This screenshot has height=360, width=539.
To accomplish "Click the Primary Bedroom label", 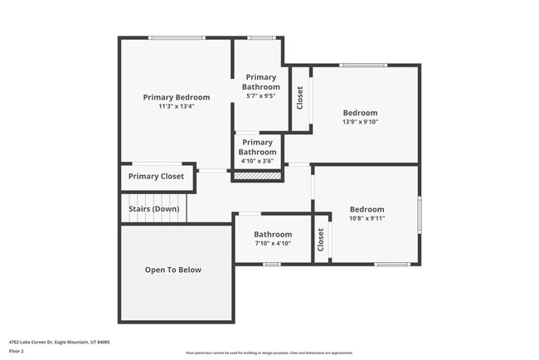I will tap(176, 97).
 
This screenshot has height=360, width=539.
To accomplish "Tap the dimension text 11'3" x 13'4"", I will tap(176, 106).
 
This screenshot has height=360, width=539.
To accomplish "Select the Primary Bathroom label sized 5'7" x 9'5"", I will tap(260, 82).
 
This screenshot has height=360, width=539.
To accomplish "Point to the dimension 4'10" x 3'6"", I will tap(258, 161).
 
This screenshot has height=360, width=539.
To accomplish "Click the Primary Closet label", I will tap(156, 177).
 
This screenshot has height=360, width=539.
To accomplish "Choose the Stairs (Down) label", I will tap(154, 209).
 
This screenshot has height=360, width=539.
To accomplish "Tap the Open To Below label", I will tap(173, 270).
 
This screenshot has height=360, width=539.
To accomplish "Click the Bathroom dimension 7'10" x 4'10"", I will tap(273, 244).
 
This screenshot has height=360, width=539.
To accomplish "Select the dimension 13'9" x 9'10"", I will tap(360, 122).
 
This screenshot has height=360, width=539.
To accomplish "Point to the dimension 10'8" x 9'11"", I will tap(367, 218).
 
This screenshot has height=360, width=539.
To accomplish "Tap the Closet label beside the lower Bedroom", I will tap(321, 240).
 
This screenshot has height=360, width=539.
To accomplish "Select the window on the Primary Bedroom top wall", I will tap(177, 37).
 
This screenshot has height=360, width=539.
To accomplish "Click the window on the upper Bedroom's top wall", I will tap(362, 65).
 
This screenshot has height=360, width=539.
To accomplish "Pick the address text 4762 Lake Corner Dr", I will tap(59, 342).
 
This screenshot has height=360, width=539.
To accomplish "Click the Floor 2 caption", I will tap(17, 352).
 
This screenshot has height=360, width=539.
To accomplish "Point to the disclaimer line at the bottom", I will tap(269, 353).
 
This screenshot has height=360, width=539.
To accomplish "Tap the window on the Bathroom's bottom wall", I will tap(271, 265).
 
